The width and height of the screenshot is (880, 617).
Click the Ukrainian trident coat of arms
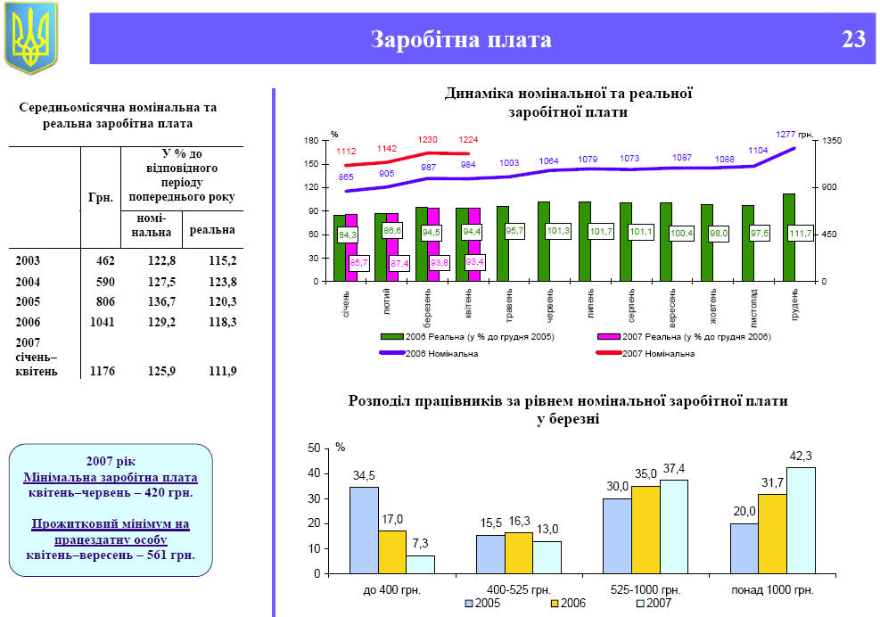tap(31, 37)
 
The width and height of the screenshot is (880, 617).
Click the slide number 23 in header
tap(852, 39)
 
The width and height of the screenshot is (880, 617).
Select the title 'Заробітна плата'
tap(461, 40)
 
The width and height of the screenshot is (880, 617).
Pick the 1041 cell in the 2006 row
tap(103, 321)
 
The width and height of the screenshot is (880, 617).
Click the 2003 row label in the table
tap(28, 260)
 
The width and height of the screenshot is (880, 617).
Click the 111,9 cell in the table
tap(221, 371)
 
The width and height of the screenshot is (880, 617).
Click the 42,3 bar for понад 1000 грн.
tap(801, 520)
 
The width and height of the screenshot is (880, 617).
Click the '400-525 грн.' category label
tap(518, 590)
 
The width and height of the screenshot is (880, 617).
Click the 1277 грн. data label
tap(793, 134)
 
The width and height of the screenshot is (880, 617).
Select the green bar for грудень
tap(789, 237)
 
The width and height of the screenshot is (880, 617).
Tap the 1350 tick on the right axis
tap(843, 141)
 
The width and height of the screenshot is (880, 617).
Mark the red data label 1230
tap(429, 140)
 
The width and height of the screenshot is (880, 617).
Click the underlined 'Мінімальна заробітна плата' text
tap(111, 478)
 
